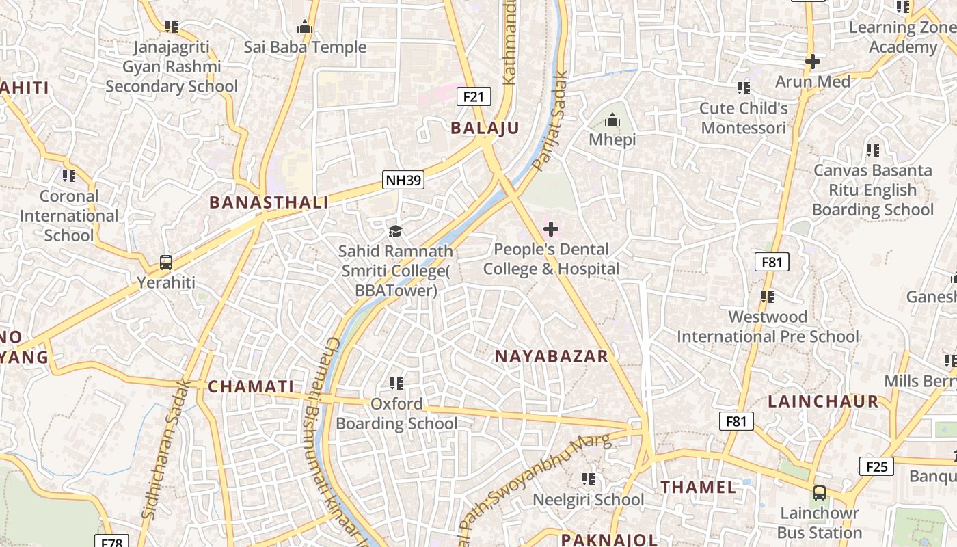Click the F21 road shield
(x=473, y=96)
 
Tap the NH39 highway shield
(x=403, y=181)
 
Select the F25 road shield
(x=876, y=467)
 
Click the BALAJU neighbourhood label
(x=485, y=128)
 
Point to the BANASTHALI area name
(x=269, y=202)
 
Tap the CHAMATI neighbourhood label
(x=251, y=386)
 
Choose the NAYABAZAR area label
(x=551, y=356)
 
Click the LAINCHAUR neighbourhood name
(x=823, y=401)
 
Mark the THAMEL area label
(x=699, y=488)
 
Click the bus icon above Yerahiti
(x=166, y=262)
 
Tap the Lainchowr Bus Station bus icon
(x=820, y=492)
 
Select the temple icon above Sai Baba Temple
(x=305, y=27)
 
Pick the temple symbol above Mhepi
(x=612, y=120)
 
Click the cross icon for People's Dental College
(x=550, y=229)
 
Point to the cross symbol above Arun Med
(x=812, y=62)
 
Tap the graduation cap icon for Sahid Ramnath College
(x=395, y=231)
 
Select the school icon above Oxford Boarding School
(x=396, y=384)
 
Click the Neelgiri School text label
(x=588, y=500)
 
